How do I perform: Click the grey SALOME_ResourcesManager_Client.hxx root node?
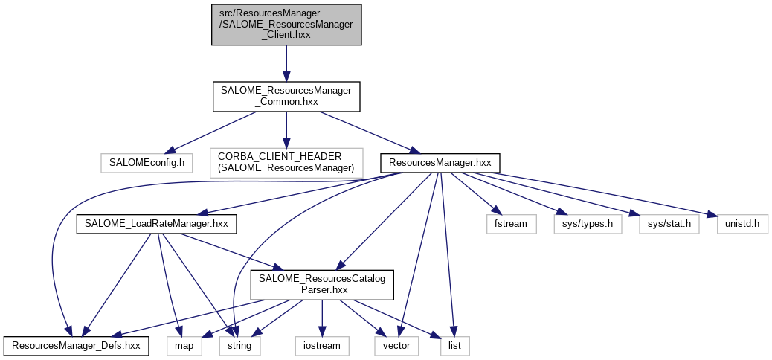[x=286, y=25]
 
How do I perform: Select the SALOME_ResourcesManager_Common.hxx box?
[x=286, y=97]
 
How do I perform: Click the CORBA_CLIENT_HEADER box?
[x=286, y=161]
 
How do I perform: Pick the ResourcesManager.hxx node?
[x=440, y=161]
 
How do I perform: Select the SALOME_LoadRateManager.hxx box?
[x=157, y=223]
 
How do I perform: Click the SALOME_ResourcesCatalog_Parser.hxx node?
[x=321, y=285]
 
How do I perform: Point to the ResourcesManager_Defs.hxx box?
[x=76, y=346]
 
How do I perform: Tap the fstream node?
[x=511, y=223]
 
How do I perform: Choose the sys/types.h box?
[x=588, y=223]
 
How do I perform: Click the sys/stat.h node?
[x=669, y=223]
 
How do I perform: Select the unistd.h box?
[x=742, y=223]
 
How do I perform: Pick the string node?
[x=239, y=346]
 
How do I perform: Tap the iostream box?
[x=321, y=346]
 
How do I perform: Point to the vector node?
[x=397, y=346]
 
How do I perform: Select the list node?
[x=455, y=346]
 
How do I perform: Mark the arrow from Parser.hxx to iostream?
[x=321, y=318]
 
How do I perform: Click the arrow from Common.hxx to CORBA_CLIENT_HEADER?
[x=286, y=130]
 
